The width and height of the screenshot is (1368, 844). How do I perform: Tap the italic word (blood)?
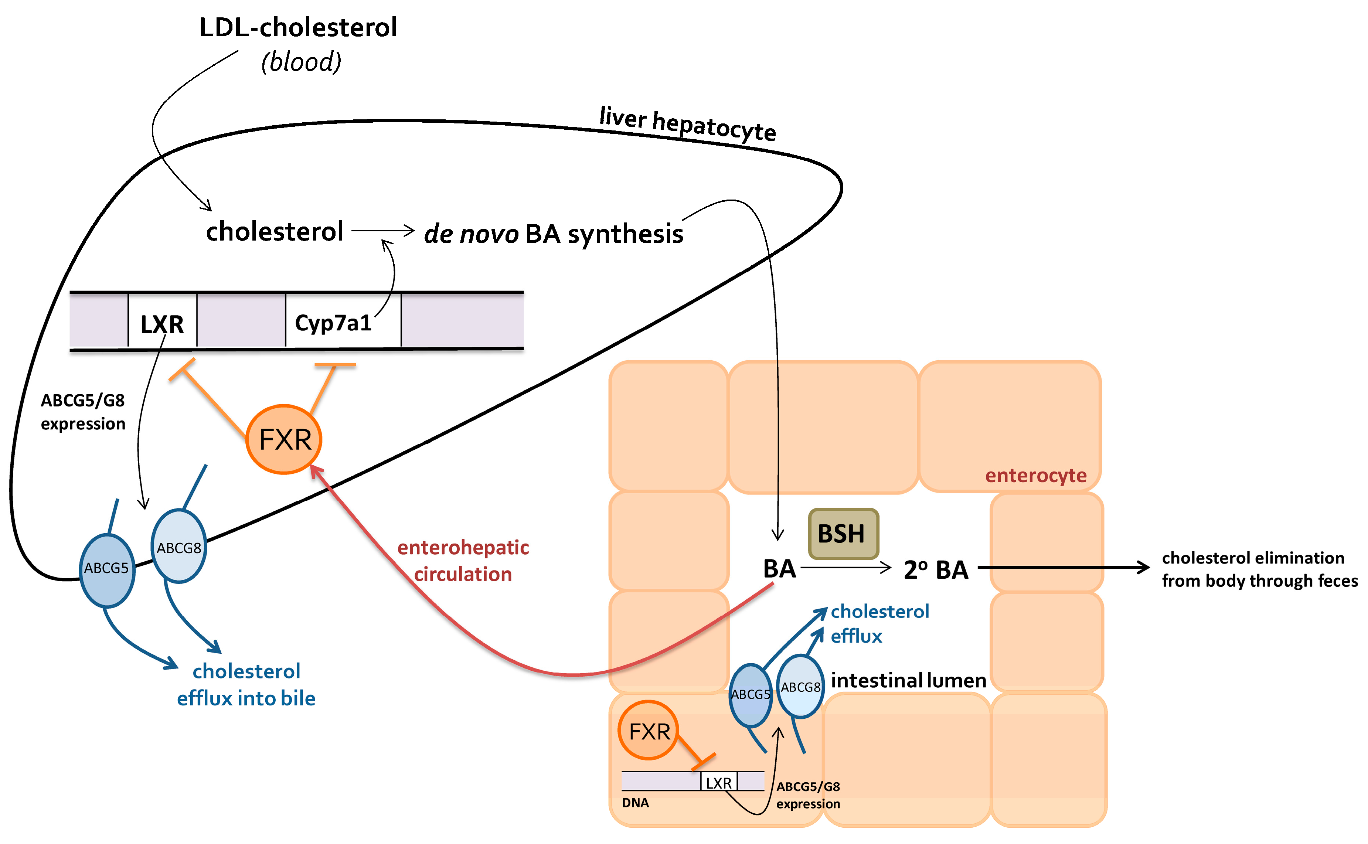click(x=302, y=61)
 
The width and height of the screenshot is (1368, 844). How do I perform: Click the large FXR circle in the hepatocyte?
click(x=285, y=440)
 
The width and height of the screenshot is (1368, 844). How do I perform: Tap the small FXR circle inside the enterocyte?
click(x=649, y=731)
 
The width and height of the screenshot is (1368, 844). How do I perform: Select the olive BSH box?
click(x=843, y=534)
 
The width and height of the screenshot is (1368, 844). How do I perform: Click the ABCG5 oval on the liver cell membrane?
click(x=106, y=569)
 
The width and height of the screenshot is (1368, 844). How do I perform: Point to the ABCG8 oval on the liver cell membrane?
click(x=178, y=547)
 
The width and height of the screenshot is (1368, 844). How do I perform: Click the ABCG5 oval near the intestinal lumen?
click(x=750, y=695)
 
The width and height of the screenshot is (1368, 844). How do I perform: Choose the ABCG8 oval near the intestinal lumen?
click(x=800, y=687)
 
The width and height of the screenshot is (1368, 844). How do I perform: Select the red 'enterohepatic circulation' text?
click(x=463, y=561)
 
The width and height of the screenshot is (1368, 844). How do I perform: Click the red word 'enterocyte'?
click(x=1035, y=476)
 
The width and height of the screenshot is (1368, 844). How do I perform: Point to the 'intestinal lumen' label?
click(x=908, y=680)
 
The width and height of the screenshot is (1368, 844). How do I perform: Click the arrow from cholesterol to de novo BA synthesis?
click(x=383, y=230)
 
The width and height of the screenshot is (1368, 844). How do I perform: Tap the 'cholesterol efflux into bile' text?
click(x=246, y=684)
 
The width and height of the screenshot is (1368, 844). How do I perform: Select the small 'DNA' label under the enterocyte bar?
click(x=635, y=803)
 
